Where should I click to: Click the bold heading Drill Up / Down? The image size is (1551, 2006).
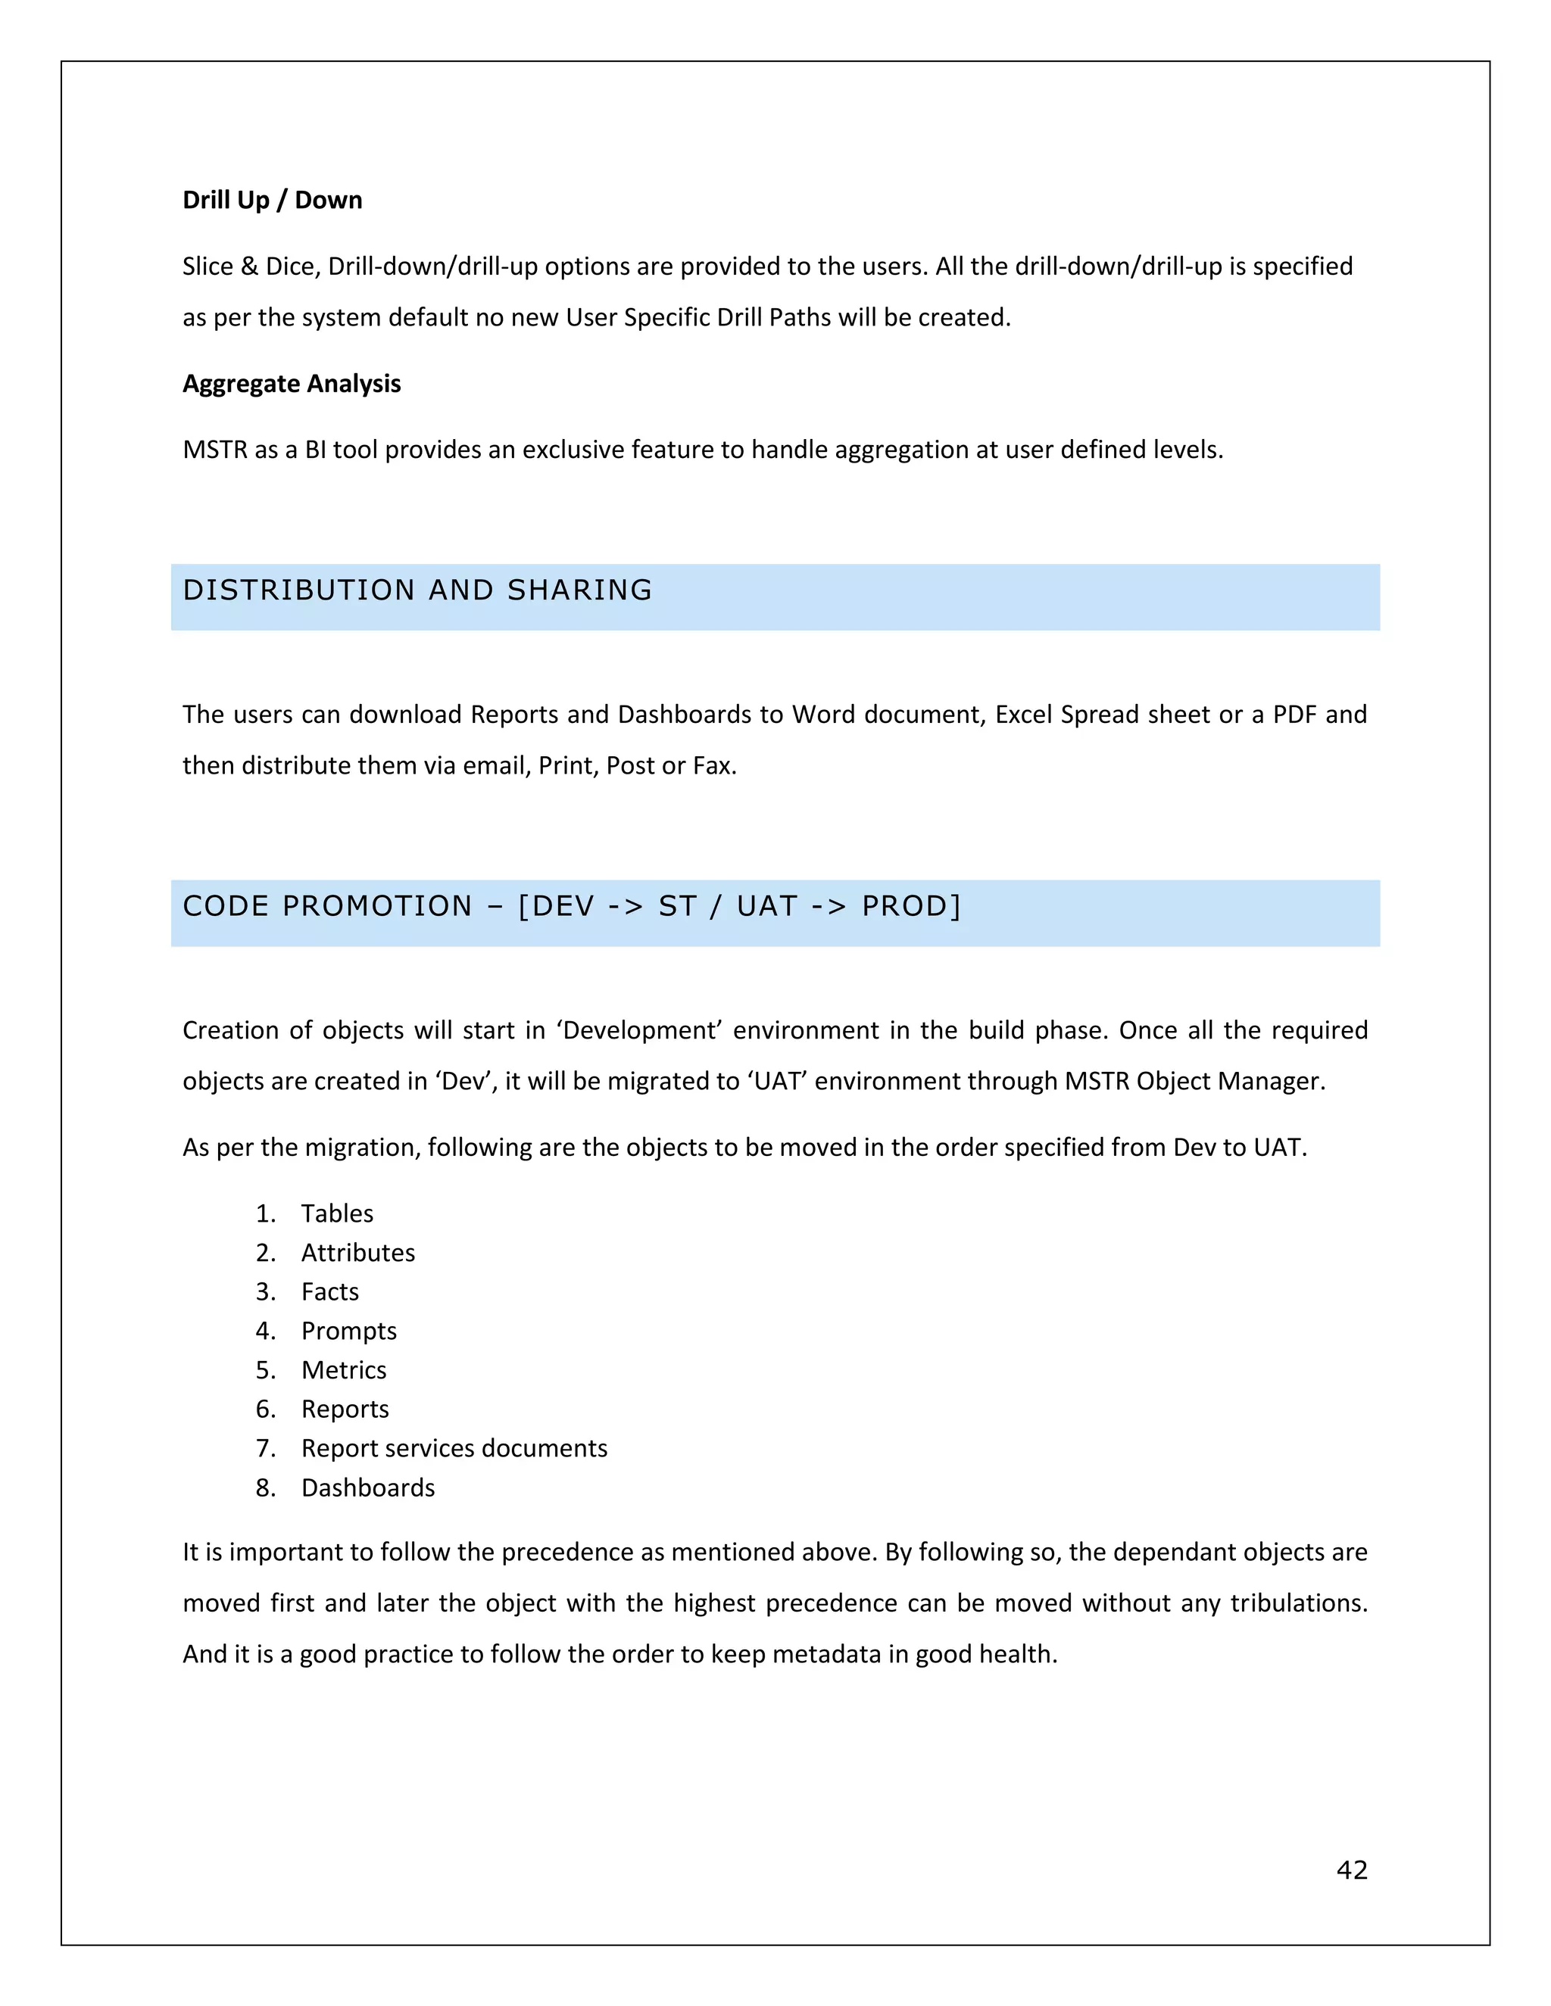tap(272, 201)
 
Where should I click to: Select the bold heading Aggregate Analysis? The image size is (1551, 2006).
tap(292, 384)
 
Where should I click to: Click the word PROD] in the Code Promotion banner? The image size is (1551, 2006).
tap(910, 907)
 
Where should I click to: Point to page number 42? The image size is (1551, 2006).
tap(1352, 1869)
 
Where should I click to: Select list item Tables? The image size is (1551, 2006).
tap(337, 1213)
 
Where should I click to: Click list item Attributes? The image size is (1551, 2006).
tap(357, 1253)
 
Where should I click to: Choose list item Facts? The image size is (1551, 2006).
tap(330, 1291)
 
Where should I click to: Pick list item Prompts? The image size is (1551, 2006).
tap(348, 1331)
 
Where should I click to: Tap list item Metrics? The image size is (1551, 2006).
tap(344, 1369)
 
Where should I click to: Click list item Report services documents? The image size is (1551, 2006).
tap(454, 1448)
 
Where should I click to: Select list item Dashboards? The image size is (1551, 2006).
tap(367, 1488)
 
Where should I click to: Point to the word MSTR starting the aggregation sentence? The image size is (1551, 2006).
tap(215, 450)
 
